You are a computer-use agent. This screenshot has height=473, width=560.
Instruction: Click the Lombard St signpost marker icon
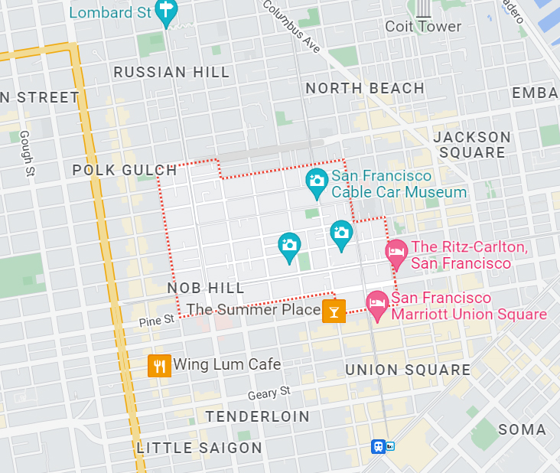(165, 11)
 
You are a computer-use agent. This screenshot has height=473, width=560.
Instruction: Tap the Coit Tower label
(423, 26)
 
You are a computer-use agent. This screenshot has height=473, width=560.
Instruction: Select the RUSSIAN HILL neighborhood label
(171, 72)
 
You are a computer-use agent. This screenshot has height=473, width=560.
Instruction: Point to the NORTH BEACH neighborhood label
(365, 88)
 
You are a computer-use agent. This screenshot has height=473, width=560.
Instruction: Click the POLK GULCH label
(125, 170)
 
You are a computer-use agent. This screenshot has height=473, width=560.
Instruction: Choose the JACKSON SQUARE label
(472, 145)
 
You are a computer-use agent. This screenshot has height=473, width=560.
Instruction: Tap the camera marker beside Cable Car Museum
(316, 181)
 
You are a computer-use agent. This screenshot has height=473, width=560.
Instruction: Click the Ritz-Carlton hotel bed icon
(396, 253)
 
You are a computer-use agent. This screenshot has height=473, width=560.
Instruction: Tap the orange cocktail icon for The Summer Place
(334, 311)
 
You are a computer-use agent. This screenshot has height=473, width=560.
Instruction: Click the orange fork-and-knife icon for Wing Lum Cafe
(159, 365)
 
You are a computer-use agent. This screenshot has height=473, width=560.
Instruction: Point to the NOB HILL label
(206, 288)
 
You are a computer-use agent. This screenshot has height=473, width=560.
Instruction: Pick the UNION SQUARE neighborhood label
(408, 370)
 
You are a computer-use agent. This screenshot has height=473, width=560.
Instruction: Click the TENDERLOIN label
(258, 416)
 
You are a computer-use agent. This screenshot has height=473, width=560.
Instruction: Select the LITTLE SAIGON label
(199, 448)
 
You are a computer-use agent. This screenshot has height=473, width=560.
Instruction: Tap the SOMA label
(523, 429)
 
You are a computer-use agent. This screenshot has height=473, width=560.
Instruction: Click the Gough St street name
(26, 153)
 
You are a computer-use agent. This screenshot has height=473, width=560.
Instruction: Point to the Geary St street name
(269, 393)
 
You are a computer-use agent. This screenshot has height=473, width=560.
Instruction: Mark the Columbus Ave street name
(291, 25)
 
